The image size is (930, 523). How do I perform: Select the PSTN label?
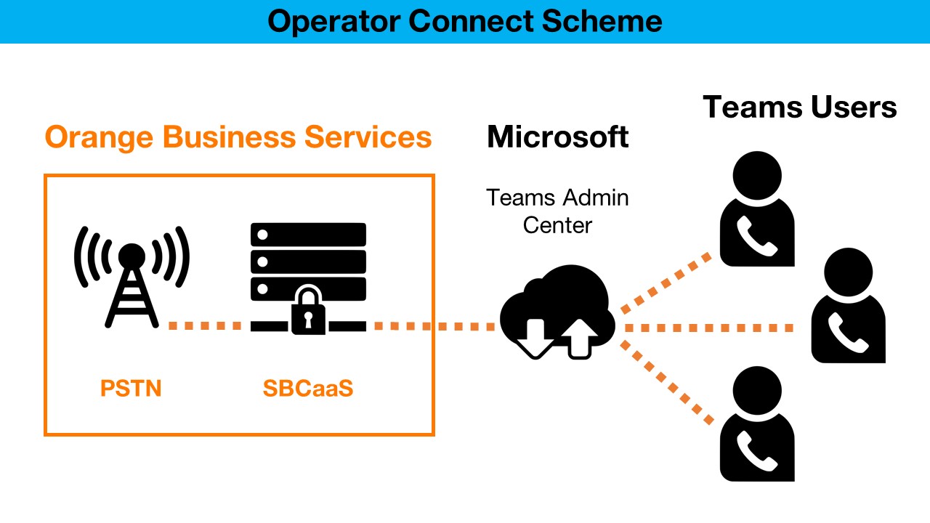131,389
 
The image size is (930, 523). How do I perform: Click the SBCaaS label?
308,389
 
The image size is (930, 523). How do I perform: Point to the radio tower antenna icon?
132,276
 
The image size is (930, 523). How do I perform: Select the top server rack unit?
308,235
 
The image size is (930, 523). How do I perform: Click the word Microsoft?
557,137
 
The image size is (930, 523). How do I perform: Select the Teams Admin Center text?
557,211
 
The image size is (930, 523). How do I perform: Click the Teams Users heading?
800,108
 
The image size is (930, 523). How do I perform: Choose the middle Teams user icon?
848,306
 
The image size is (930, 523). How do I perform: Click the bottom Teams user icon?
756,424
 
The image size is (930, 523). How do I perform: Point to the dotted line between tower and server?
205,326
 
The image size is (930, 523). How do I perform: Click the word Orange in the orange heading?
100,137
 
